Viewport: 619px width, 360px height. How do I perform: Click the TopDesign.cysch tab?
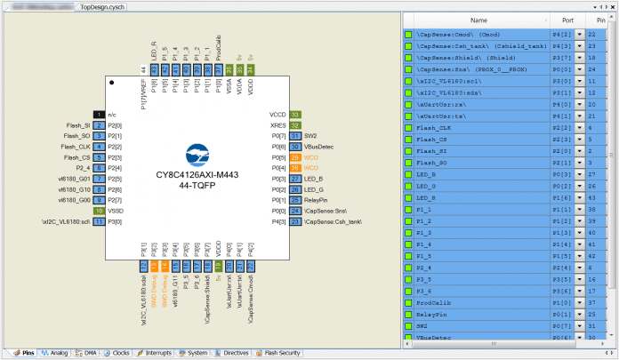click(104, 5)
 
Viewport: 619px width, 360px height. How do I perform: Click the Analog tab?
click(55, 353)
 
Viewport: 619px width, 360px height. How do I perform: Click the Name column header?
click(478, 20)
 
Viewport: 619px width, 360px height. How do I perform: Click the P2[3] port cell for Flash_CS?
click(561, 140)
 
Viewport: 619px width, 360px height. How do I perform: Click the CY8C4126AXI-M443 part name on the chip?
click(196, 175)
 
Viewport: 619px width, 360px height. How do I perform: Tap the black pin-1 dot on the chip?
click(113, 83)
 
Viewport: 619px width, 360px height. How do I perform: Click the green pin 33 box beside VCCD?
click(295, 115)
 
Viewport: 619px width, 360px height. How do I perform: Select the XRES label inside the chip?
click(277, 125)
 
